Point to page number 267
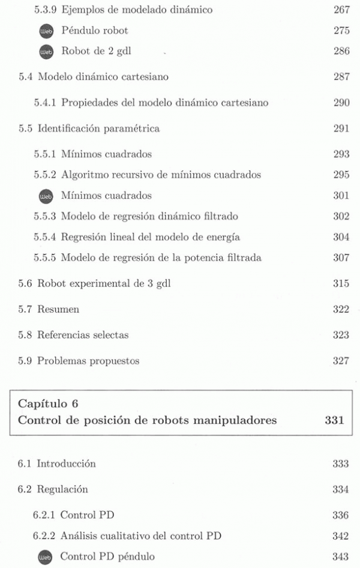click(x=341, y=10)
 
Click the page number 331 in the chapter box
click(x=334, y=421)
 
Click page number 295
click(x=341, y=175)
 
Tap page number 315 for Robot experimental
click(x=341, y=283)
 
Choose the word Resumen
click(x=58, y=310)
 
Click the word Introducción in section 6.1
click(x=66, y=464)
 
